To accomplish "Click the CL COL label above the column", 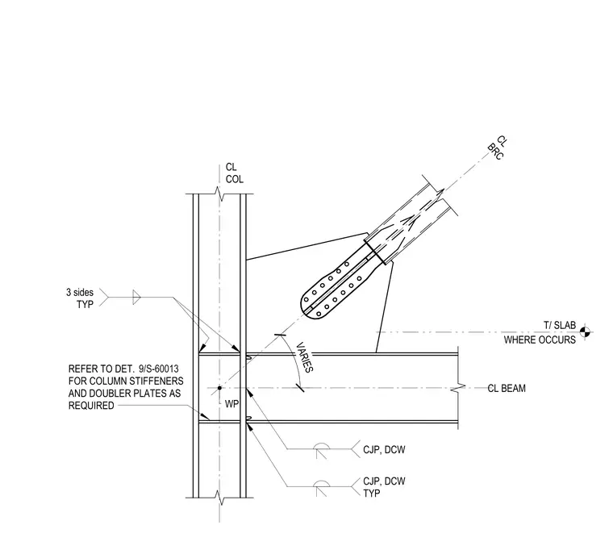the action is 235,173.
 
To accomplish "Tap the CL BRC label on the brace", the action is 498,148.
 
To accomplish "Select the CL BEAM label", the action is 507,388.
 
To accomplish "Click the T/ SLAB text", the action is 560,325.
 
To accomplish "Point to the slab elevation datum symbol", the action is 585,332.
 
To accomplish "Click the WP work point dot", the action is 219,388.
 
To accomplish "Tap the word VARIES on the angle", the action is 305,357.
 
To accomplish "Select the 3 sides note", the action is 80,293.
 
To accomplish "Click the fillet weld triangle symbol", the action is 136,298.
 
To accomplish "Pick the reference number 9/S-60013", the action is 159,369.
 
